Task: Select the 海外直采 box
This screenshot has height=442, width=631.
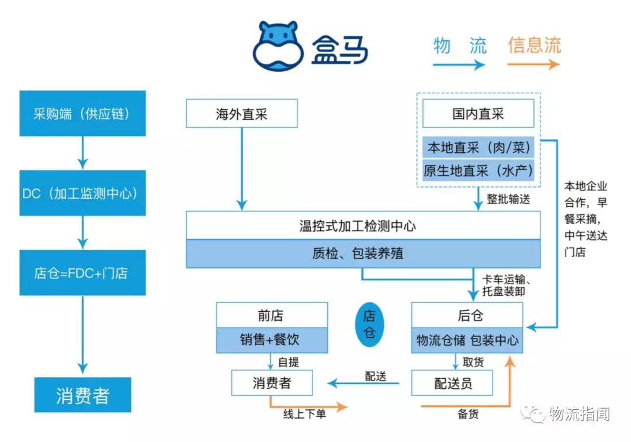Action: point(241,113)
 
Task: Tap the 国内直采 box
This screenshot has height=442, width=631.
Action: point(478,113)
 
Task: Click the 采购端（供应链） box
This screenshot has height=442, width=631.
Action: point(82,113)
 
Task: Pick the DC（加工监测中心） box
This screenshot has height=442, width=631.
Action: point(82,194)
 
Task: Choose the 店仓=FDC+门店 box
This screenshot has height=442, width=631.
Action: point(82,273)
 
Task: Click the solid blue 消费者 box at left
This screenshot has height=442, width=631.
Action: point(82,395)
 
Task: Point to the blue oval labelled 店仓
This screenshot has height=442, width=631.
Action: point(369,325)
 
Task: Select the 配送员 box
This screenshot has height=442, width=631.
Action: point(453,383)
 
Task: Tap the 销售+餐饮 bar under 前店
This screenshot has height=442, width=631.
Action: point(272,340)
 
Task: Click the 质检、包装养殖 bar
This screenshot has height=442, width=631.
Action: point(363,254)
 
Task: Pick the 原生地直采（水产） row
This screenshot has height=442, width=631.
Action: point(478,172)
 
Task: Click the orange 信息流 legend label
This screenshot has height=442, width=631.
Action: point(534,46)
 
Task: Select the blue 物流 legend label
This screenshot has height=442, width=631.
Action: point(460,46)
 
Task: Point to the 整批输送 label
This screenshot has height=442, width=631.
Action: point(508,199)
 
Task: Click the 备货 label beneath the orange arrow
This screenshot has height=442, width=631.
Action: point(468,414)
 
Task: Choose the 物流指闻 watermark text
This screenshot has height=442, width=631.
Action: point(578,414)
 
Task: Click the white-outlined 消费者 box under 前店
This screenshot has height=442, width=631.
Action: point(272,383)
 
